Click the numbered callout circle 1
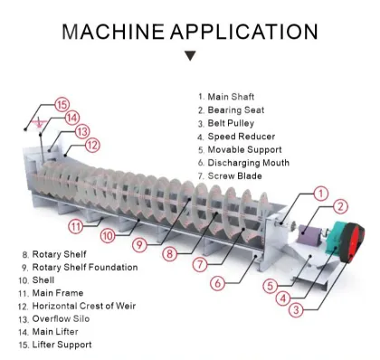click(x=319, y=193)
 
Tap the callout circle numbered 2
click(x=341, y=208)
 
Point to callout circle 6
click(x=217, y=283)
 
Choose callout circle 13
click(x=82, y=131)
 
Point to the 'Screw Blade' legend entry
click(x=236, y=177)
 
